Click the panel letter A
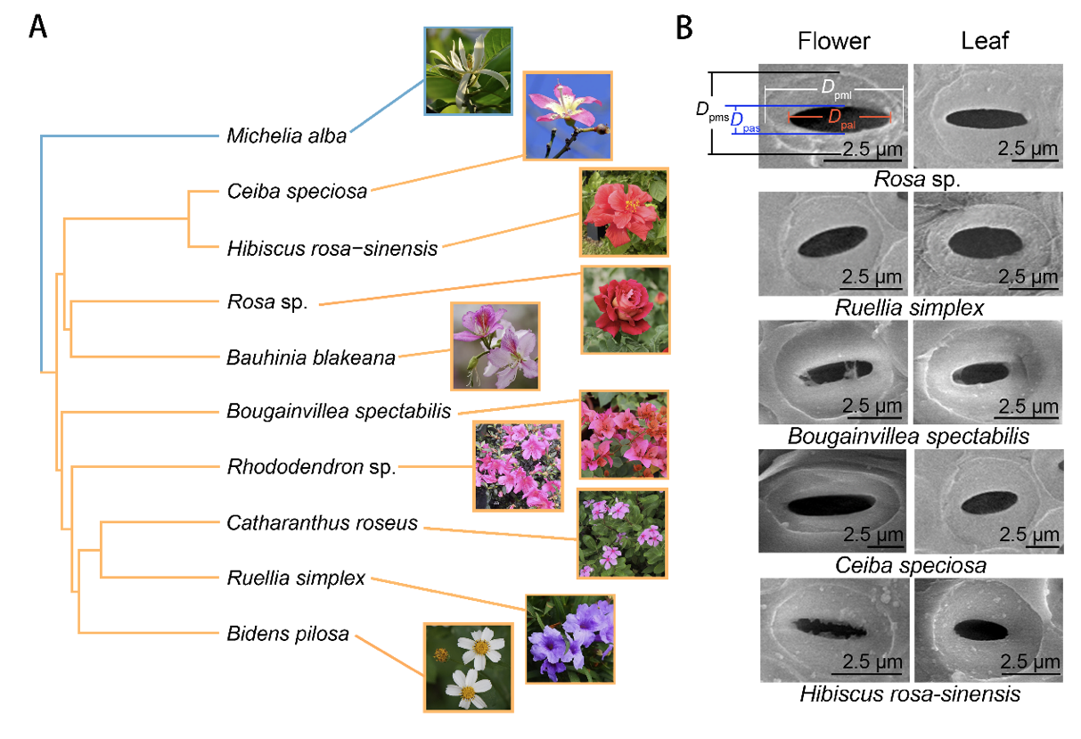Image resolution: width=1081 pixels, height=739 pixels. pos(38,28)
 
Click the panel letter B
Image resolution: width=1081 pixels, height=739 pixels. pos(684,29)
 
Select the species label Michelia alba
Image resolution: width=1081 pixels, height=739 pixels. pos(286,135)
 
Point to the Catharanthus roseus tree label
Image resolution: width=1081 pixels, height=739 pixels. pos(322,523)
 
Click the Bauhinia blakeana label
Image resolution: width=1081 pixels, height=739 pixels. pos(310,358)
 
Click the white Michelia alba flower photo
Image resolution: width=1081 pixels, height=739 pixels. pos(468,70)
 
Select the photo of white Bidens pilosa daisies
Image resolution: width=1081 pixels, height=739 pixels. pos(468,667)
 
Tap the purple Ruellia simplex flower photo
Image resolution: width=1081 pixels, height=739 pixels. pos(570,639)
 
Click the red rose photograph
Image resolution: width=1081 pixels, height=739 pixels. pos(624,309)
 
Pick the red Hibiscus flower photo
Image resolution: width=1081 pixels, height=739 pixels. pos(623,211)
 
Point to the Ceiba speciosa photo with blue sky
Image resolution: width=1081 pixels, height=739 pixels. pos(568,116)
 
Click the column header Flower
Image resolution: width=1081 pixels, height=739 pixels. pos(833,41)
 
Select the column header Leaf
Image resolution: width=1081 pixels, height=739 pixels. pos(985,41)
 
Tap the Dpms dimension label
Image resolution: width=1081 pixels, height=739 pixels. pos(712,110)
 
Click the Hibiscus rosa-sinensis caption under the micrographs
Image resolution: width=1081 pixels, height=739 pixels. pos(909,694)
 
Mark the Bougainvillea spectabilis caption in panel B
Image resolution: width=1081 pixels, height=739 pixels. pos(909,437)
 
